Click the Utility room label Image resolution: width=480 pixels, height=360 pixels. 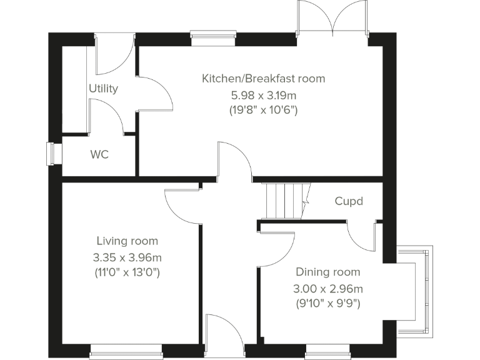coord(103,88)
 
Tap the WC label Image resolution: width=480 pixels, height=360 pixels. coord(99,154)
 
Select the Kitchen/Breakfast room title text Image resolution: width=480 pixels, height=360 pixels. coord(263,79)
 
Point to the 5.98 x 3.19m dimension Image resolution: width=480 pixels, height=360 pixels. coord(263,95)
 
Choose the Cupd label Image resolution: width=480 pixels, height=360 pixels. coord(349,201)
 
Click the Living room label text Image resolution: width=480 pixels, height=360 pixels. coord(127,241)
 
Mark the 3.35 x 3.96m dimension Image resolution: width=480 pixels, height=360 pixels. coord(127,257)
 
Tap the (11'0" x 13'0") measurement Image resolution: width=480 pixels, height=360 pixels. coord(127,272)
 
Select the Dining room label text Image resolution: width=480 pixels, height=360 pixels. coord(328,272)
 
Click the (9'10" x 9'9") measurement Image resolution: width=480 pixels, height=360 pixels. coord(328,304)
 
